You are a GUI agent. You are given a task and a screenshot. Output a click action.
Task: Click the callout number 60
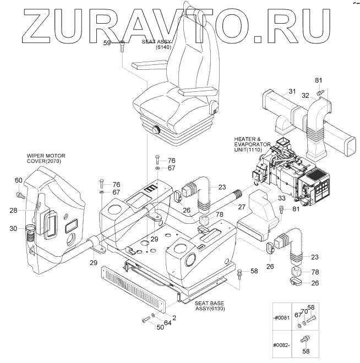pos(18,181)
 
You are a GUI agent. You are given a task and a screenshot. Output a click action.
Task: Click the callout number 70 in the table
pos(304,312)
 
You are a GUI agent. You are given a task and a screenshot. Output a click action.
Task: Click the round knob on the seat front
pos(156,131)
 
